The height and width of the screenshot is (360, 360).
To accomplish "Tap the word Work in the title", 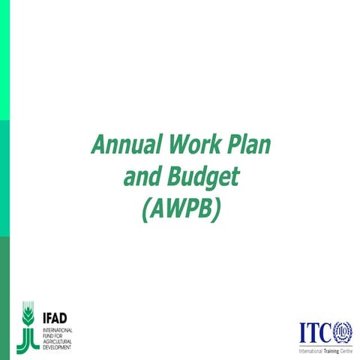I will (x=194, y=143).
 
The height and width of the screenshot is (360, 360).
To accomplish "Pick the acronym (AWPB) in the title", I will (x=180, y=211).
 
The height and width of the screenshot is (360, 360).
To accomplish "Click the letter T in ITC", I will (x=313, y=331).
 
